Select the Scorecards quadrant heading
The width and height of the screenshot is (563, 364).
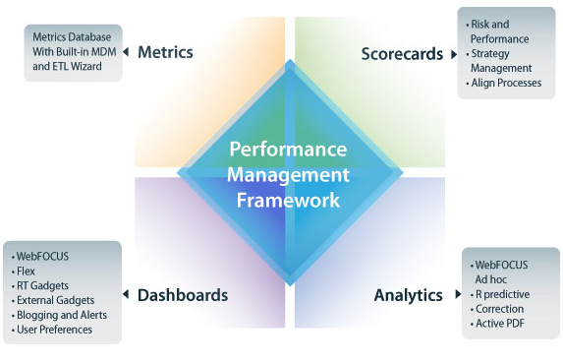pos(399,56)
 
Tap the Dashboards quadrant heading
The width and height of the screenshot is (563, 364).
pos(184,294)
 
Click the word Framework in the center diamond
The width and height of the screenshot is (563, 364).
pos(288,198)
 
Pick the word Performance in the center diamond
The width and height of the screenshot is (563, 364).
pos(288,151)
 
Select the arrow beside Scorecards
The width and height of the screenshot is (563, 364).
pos(453,56)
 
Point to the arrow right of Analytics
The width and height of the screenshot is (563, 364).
pos(453,295)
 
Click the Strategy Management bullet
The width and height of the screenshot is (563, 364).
pos(501,61)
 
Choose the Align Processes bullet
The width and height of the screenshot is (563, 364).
pos(504,84)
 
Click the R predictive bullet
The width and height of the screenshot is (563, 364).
pos(502,293)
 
